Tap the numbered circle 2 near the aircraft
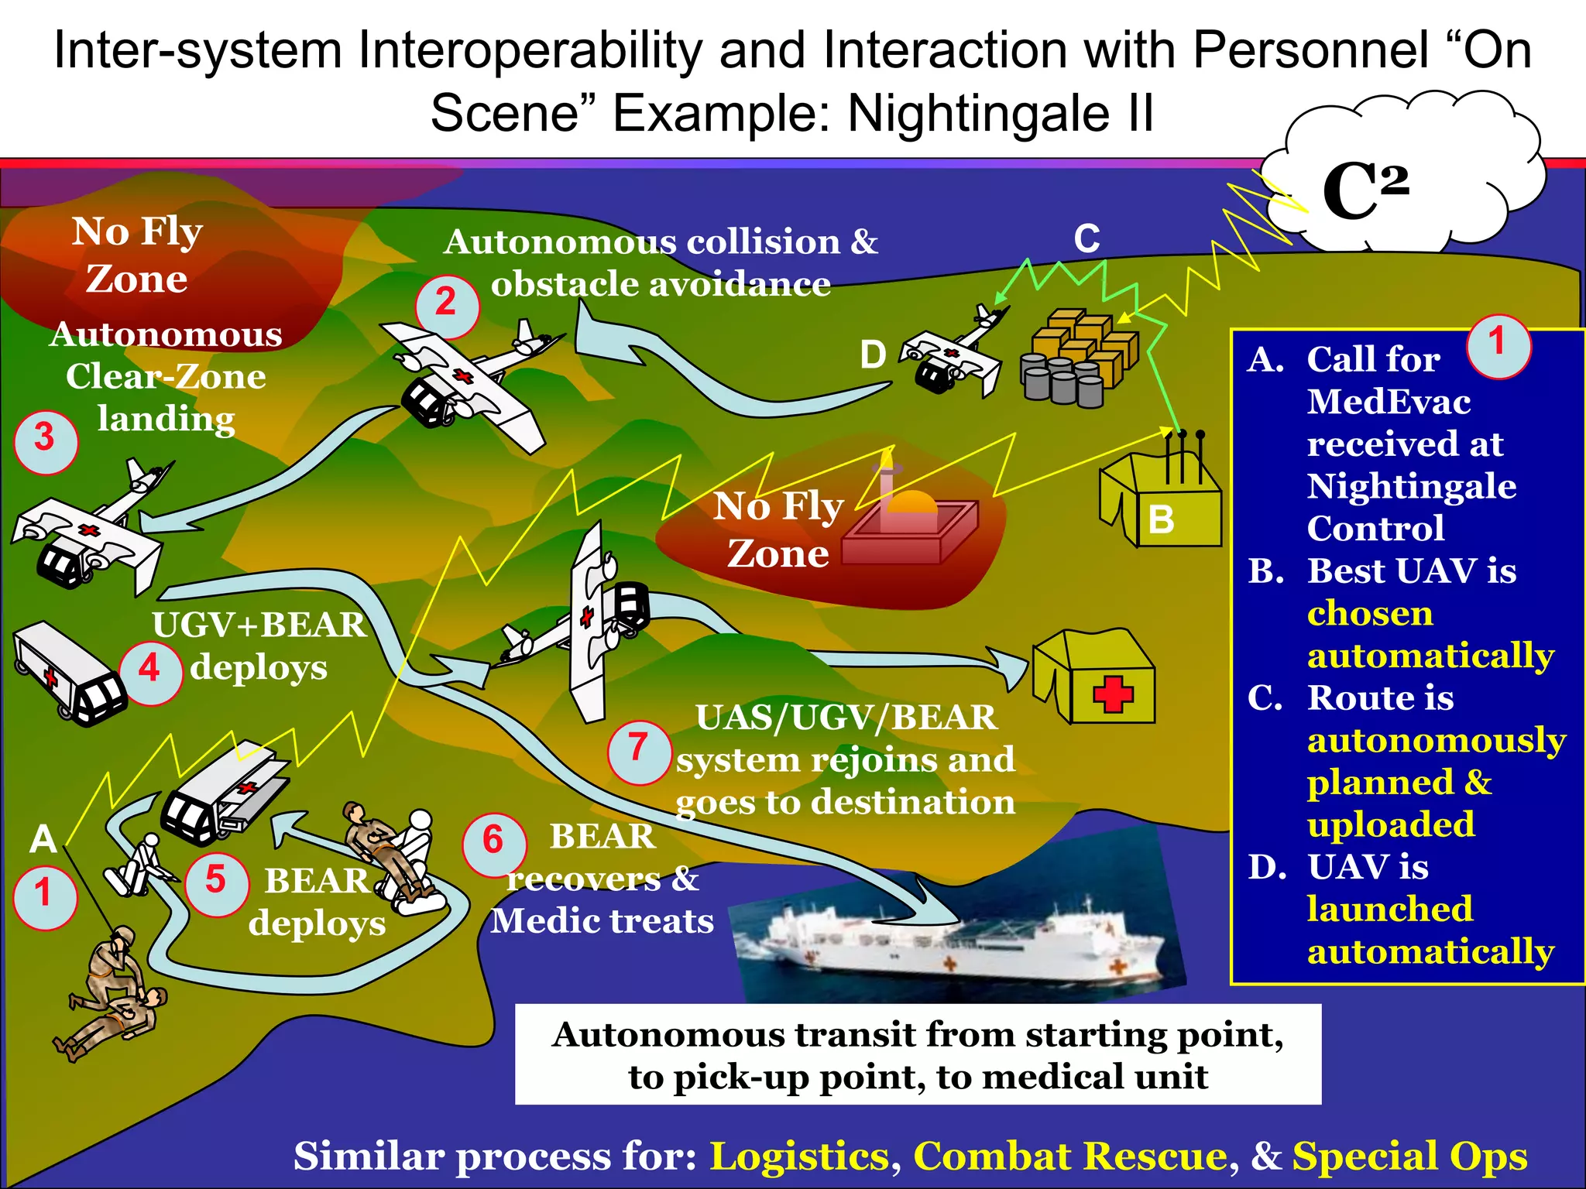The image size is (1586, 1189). pos(447,305)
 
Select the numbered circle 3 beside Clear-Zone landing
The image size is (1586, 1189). pos(46,440)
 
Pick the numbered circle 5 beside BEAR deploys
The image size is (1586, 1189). pos(216,883)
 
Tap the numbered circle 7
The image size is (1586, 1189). pos(639,751)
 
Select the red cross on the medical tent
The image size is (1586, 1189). pos(1113,694)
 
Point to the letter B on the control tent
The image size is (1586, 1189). pos(1161,520)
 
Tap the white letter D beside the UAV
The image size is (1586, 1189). pos(873,355)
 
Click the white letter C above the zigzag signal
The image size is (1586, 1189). pos(1087,239)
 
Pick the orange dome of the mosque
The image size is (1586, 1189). pos(911,503)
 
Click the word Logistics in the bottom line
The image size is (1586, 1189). pos(799,1156)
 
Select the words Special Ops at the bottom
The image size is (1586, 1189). pos(1409,1156)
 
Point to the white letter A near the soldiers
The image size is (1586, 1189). pos(43,839)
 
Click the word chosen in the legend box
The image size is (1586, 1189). pos(1369,614)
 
